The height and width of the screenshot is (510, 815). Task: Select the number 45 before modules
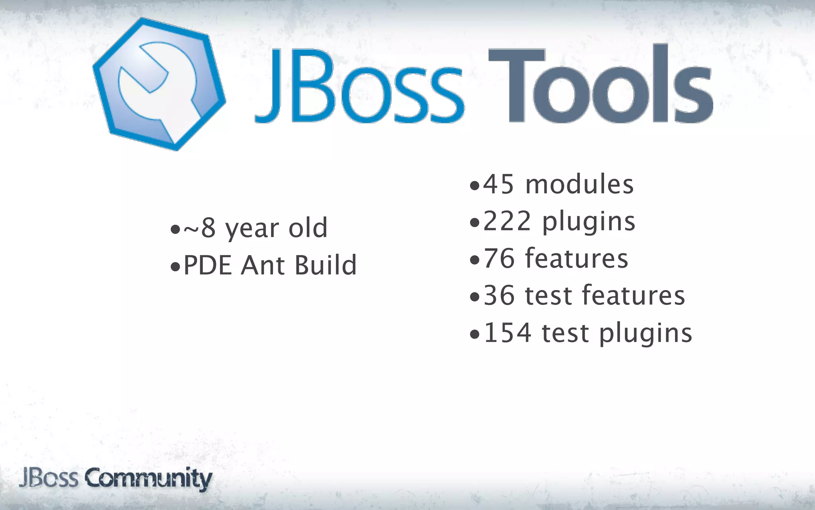498,184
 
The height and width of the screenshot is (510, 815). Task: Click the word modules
579,184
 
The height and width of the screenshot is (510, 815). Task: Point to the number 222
507,222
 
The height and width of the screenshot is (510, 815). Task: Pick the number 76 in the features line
499,259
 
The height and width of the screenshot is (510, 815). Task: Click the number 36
499,296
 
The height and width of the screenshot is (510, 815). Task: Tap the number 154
507,333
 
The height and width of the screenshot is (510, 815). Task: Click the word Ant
262,265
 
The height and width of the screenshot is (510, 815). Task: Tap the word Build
326,265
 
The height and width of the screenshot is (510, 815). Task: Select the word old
308,228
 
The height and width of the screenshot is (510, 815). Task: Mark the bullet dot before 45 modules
474,186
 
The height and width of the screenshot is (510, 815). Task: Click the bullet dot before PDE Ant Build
175,267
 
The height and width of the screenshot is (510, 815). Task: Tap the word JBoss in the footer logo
49,478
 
